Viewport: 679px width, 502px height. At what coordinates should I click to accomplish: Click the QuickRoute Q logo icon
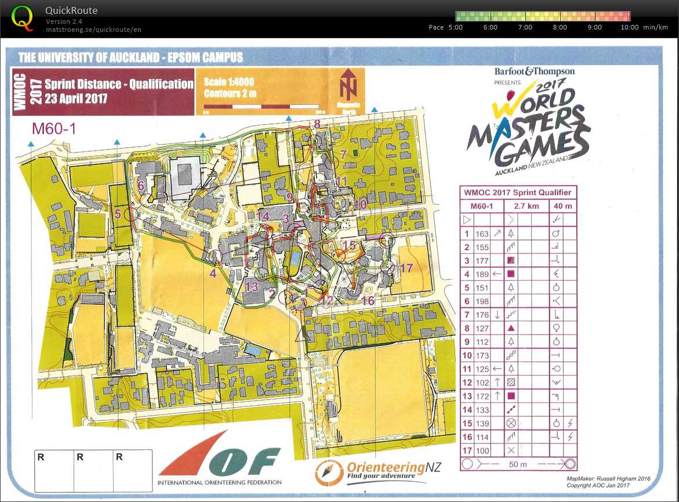point(22,17)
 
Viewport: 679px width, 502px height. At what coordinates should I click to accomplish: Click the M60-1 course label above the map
point(54,129)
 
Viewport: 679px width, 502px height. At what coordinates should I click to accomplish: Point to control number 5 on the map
point(118,214)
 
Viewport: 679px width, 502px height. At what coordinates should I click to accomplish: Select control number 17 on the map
point(406,268)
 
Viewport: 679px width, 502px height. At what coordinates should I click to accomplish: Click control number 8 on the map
point(317,123)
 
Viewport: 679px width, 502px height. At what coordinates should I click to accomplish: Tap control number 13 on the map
point(251,286)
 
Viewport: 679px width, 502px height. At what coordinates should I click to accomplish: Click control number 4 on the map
point(213,272)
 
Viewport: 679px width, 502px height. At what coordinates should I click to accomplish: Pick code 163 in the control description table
point(482,234)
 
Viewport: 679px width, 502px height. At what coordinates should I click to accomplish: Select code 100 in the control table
point(482,450)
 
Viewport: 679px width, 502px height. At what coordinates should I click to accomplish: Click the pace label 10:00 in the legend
point(630,27)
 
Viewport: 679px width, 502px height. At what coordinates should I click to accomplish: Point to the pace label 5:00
point(455,27)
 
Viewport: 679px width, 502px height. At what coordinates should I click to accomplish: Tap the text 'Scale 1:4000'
point(229,82)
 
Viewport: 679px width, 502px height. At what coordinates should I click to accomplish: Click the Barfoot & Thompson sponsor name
point(534,71)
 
